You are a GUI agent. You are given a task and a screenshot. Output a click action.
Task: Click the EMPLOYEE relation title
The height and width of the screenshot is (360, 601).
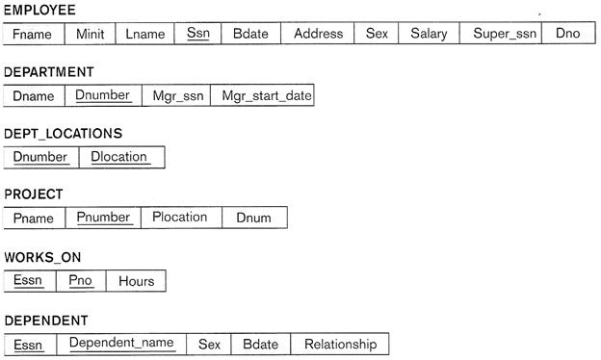39,10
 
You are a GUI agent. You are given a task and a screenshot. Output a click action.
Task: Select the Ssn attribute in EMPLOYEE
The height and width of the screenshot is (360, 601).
197,34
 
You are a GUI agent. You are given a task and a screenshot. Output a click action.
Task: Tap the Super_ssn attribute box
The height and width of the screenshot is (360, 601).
501,34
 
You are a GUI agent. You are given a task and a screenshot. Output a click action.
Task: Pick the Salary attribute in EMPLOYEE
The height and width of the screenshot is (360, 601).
429,34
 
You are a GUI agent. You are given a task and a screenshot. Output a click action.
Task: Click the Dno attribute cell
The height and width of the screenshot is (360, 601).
568,34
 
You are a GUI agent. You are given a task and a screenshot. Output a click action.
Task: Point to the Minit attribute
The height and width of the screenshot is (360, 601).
91,34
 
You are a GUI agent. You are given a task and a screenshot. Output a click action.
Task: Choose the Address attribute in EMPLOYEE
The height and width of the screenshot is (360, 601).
318,34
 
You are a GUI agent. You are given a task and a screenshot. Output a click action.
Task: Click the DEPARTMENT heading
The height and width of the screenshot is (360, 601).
49,72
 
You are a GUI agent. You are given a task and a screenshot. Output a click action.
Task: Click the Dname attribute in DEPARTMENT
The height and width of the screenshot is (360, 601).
34,95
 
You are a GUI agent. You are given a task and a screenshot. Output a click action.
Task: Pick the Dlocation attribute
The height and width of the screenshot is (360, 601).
122,157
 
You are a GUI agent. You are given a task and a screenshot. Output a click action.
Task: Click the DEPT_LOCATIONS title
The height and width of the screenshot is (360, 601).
63,133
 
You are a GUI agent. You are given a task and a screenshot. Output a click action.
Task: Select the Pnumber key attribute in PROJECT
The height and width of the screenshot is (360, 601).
103,218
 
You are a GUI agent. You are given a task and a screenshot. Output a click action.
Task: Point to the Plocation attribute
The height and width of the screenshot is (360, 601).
181,218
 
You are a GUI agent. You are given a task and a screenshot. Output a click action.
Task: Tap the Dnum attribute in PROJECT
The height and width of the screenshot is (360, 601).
254,218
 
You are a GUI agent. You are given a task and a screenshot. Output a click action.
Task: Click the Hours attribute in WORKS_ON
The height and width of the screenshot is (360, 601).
136,281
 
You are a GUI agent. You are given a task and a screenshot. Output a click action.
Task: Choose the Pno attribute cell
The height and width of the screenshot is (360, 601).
81,281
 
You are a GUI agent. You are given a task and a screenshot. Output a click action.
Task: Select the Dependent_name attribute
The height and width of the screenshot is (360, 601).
121,344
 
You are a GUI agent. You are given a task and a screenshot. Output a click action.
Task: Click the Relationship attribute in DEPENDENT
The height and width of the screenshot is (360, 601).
340,344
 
